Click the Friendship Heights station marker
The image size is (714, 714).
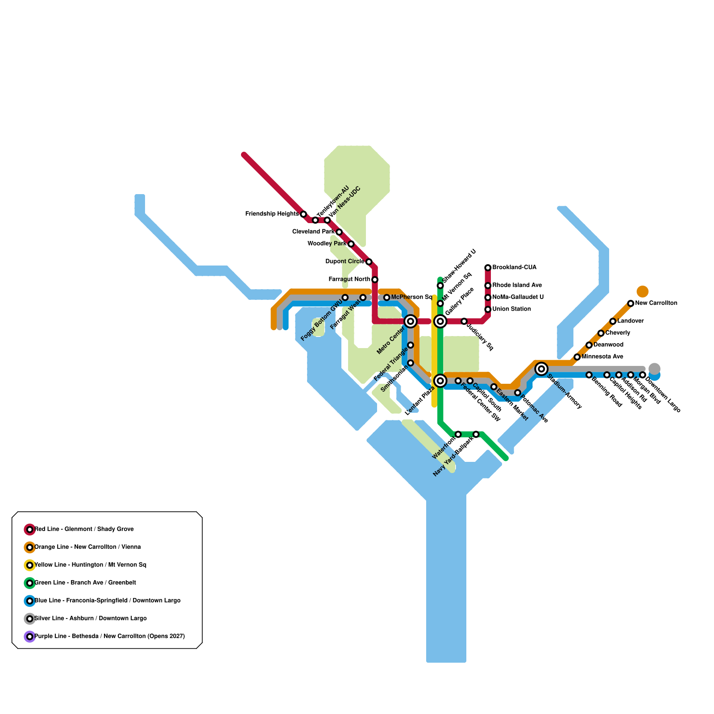tap(303, 214)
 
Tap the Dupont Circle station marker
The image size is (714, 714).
tap(369, 262)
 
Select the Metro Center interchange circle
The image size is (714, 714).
tap(411, 321)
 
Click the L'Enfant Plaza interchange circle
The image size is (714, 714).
tap(440, 381)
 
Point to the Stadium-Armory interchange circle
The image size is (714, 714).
tap(541, 369)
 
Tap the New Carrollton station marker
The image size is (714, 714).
tap(631, 303)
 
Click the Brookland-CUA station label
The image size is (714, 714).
tap(514, 268)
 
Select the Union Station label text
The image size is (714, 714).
tap(511, 309)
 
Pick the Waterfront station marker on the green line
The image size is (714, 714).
tap(458, 434)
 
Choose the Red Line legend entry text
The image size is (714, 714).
tap(84, 529)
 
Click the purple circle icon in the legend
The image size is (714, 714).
tap(29, 636)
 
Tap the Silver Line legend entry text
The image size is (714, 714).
tap(90, 619)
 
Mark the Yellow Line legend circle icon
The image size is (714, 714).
tap(29, 565)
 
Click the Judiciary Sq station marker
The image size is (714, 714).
tap(464, 321)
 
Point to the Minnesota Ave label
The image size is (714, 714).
tap(602, 357)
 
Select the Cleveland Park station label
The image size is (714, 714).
tap(313, 232)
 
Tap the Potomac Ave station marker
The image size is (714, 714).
tap(518, 393)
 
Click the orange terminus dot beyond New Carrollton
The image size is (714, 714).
tap(643, 291)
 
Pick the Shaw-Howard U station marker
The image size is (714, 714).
tap(440, 286)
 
